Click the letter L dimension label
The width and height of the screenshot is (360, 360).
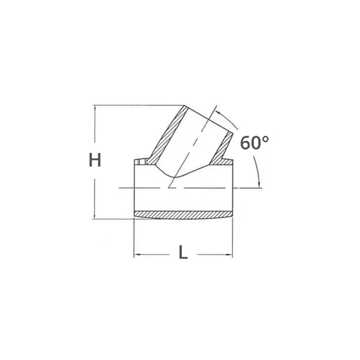pyautogui.click(x=183, y=253)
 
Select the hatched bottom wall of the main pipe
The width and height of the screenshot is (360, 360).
pyautogui.click(x=183, y=214)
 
